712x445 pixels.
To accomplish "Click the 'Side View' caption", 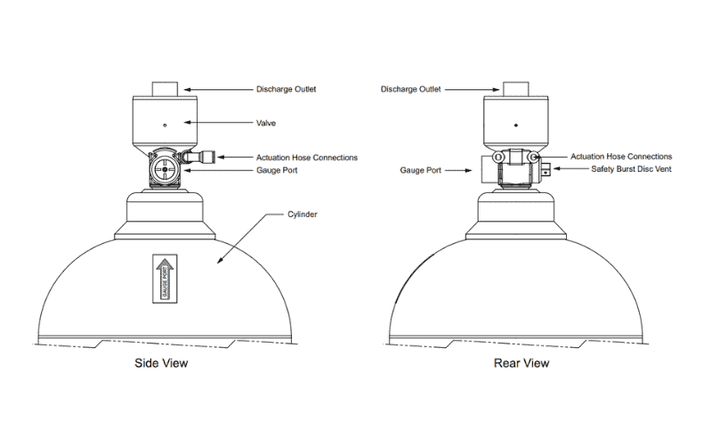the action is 161,363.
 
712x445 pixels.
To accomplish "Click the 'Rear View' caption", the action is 522,363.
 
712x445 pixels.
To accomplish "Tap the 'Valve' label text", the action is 265,123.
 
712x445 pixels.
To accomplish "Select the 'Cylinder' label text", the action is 302,214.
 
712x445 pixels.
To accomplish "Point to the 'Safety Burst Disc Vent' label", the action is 631,169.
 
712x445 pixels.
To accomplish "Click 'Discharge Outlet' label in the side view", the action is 286,89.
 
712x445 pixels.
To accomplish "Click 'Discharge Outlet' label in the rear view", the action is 410,89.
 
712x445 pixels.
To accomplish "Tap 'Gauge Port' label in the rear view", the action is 420,170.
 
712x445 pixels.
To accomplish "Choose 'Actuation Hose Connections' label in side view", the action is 306,158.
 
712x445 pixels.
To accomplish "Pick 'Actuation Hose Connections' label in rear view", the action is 621,157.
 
